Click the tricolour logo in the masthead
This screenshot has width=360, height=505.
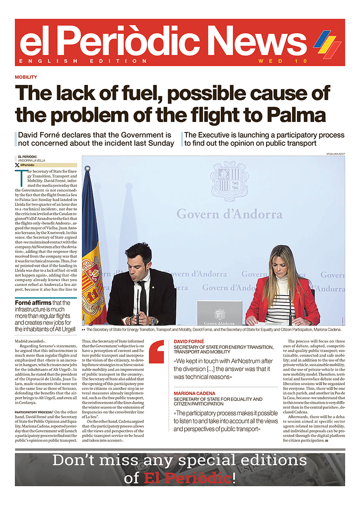click(327, 42)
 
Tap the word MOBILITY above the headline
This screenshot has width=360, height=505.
click(26, 77)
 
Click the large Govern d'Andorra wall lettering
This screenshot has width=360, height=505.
click(229, 214)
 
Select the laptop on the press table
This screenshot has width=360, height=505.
click(219, 313)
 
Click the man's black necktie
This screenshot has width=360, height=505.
click(143, 296)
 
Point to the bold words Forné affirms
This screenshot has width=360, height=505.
click(33, 303)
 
